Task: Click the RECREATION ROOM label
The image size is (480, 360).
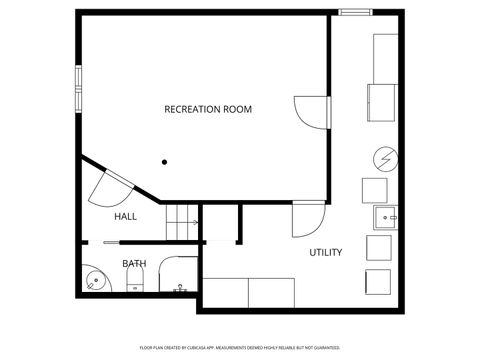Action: (x=207, y=108)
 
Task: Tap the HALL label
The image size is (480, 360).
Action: (x=125, y=216)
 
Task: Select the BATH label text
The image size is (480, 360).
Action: (x=134, y=264)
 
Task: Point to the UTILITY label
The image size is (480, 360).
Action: (x=325, y=252)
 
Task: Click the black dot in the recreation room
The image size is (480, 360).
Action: (x=164, y=160)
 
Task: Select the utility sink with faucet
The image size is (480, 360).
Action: (x=385, y=217)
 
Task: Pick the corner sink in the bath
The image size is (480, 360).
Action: (x=91, y=279)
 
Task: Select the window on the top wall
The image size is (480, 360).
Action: (x=354, y=13)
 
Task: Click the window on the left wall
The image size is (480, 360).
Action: (x=76, y=90)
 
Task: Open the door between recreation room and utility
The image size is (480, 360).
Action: (x=312, y=110)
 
